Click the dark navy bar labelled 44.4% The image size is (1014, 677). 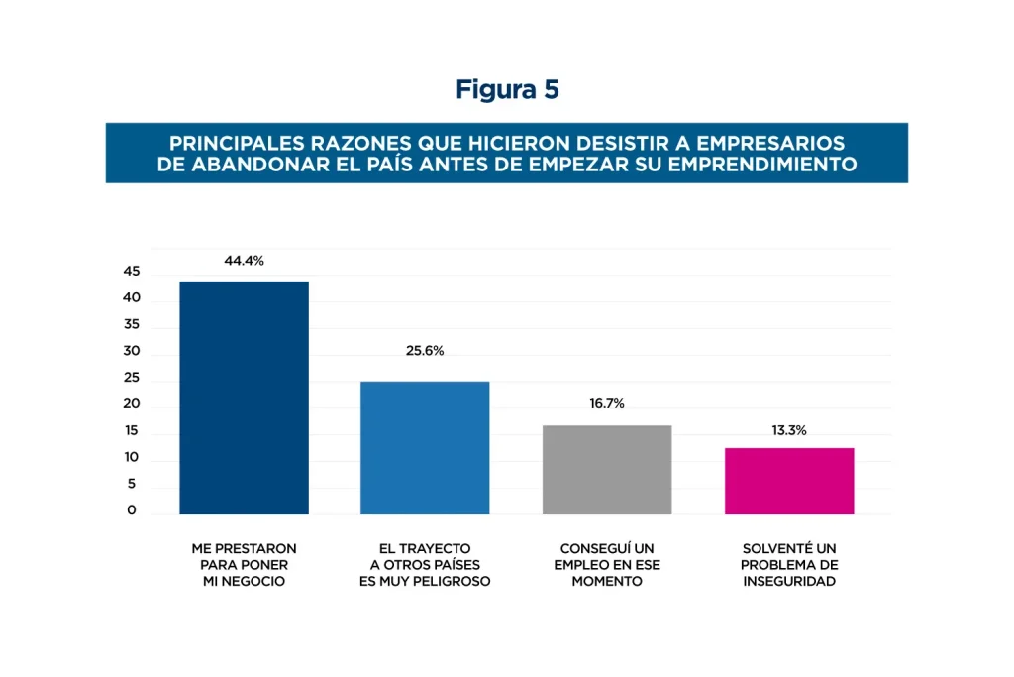point(244,397)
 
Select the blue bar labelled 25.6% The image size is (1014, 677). point(425,447)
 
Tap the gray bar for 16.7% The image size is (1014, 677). point(607,469)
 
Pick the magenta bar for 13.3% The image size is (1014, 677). point(789,481)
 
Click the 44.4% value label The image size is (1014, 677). point(244,261)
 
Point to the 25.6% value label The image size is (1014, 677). point(425,351)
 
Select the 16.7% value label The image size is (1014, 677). point(607,404)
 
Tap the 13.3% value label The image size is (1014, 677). point(789,431)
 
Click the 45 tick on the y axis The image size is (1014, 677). point(132,272)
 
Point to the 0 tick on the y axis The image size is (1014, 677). point(132,511)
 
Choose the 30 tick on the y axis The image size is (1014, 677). point(132,352)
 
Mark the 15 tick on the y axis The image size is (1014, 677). point(132,432)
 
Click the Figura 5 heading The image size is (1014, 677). point(507,90)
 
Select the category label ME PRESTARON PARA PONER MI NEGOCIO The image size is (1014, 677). point(244,565)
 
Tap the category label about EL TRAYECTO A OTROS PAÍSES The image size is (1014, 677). point(425,565)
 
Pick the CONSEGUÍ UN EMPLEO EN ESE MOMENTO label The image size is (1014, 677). point(607,565)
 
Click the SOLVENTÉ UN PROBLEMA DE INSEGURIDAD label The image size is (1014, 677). point(789,565)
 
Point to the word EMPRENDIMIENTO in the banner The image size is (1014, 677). point(762,164)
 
